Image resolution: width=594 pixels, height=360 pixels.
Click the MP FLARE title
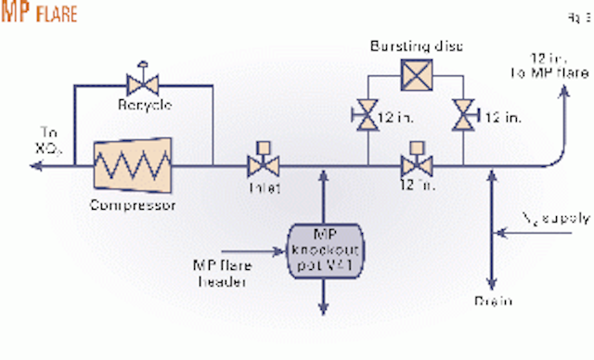click(x=39, y=16)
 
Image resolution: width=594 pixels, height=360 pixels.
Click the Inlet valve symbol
click(x=255, y=167)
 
